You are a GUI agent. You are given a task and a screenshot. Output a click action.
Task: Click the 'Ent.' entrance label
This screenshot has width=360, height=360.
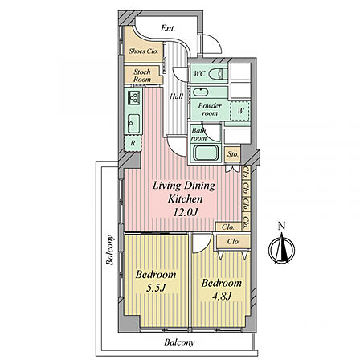(x=168, y=28)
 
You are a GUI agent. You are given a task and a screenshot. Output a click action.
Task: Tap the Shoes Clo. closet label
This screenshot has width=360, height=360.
(x=143, y=51)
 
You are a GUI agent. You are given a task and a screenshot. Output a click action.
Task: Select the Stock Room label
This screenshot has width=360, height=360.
(x=142, y=76)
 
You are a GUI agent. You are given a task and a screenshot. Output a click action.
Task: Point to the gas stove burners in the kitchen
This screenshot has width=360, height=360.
(x=133, y=98)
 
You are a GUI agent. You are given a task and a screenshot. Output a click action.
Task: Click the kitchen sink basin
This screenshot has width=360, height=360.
(x=133, y=124)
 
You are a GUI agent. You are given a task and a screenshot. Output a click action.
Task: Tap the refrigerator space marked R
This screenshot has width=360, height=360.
(x=133, y=144)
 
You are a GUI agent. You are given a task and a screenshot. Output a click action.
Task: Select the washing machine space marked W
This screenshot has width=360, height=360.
(x=240, y=111)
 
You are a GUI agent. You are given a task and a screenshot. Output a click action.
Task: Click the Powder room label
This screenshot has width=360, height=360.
(x=210, y=109)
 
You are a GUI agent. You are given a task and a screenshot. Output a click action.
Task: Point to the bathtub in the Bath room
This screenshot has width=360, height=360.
(x=205, y=153)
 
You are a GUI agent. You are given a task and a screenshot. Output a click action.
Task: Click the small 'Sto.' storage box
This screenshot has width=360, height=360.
(x=233, y=154)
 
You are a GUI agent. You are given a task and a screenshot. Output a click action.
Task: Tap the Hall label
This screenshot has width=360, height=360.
(x=176, y=96)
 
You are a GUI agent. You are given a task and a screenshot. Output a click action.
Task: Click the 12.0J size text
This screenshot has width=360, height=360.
(x=186, y=213)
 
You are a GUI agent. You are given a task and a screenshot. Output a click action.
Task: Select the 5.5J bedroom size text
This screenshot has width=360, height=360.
(x=156, y=288)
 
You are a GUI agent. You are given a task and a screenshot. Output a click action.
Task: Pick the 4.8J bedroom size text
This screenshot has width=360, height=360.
(x=222, y=297)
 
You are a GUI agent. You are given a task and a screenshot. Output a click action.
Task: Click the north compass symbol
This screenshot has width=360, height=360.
(x=281, y=247)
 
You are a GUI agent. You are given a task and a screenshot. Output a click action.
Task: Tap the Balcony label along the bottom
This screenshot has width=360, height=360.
(x=179, y=342)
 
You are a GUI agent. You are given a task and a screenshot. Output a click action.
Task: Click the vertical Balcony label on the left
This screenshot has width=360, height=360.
(x=110, y=250)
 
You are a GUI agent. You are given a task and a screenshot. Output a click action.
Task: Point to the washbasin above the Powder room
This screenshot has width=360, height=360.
(x=200, y=92)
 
